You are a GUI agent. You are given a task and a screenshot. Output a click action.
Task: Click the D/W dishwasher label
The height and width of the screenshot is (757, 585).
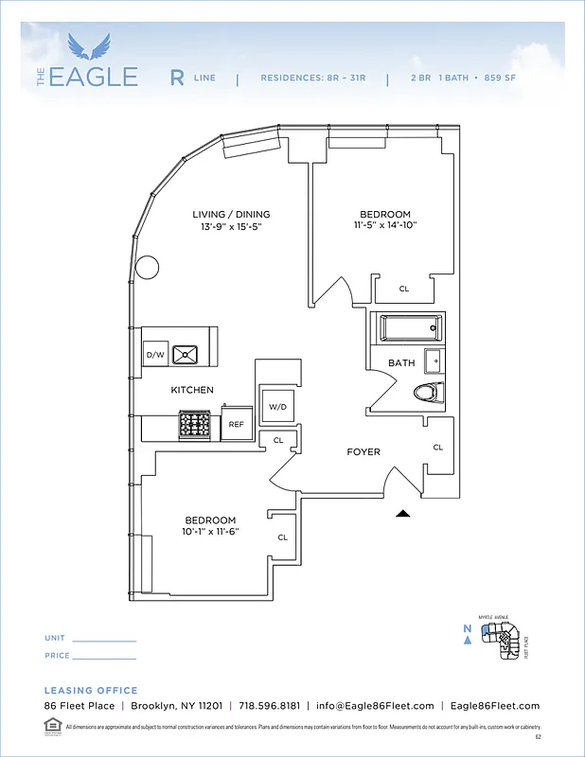154,355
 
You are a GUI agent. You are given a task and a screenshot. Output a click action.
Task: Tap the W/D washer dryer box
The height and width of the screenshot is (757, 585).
277,406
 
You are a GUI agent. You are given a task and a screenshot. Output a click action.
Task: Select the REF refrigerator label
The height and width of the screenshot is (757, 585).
236,425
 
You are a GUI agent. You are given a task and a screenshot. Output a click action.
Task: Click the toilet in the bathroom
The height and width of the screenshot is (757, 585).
426,392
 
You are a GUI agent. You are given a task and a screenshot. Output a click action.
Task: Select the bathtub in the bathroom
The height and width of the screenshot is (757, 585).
411,328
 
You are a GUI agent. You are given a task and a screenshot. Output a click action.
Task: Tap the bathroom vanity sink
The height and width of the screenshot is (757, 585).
433,361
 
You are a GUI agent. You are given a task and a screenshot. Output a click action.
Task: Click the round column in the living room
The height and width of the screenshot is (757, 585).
148,268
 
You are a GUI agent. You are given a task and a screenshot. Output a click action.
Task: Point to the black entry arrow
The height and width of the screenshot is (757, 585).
403,514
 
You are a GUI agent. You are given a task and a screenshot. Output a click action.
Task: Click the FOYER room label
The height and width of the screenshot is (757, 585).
363,452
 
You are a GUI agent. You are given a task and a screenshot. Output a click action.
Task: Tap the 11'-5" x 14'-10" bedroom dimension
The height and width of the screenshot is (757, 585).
384,225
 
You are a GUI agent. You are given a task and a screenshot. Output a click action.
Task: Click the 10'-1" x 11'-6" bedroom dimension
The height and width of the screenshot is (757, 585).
210,532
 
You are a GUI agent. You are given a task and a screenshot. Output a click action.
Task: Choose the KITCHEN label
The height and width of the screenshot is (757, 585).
192,390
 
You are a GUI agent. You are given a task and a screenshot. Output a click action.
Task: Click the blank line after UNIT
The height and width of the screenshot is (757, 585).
104,641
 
